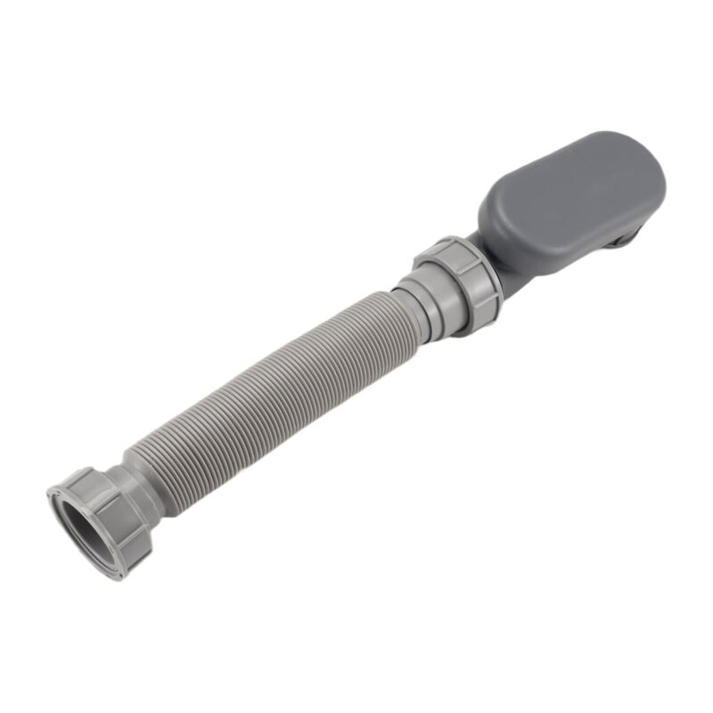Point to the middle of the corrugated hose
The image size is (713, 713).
[x=267, y=383]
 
